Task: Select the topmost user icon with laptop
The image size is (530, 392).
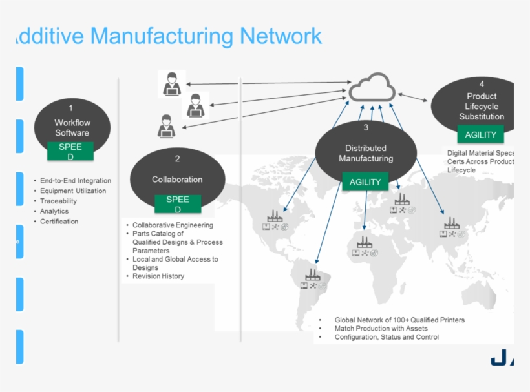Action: click(171, 84)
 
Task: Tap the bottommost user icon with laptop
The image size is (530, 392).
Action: click(167, 126)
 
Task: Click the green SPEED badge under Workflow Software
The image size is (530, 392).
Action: click(70, 151)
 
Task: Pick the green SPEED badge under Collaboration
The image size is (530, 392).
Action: click(177, 204)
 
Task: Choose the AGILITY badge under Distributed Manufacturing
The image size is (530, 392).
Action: click(365, 182)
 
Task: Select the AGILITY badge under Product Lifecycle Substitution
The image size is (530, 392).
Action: click(480, 135)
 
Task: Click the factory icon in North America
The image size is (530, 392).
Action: click(275, 220)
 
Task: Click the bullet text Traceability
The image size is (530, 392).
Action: click(58, 201)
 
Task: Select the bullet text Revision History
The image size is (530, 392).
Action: click(158, 276)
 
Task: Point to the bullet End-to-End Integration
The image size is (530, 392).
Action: click(76, 181)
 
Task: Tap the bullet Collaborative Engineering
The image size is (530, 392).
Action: click(173, 225)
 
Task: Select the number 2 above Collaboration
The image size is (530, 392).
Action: click(177, 158)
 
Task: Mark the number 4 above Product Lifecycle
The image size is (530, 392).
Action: click(482, 84)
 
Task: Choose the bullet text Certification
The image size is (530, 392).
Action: click(59, 222)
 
